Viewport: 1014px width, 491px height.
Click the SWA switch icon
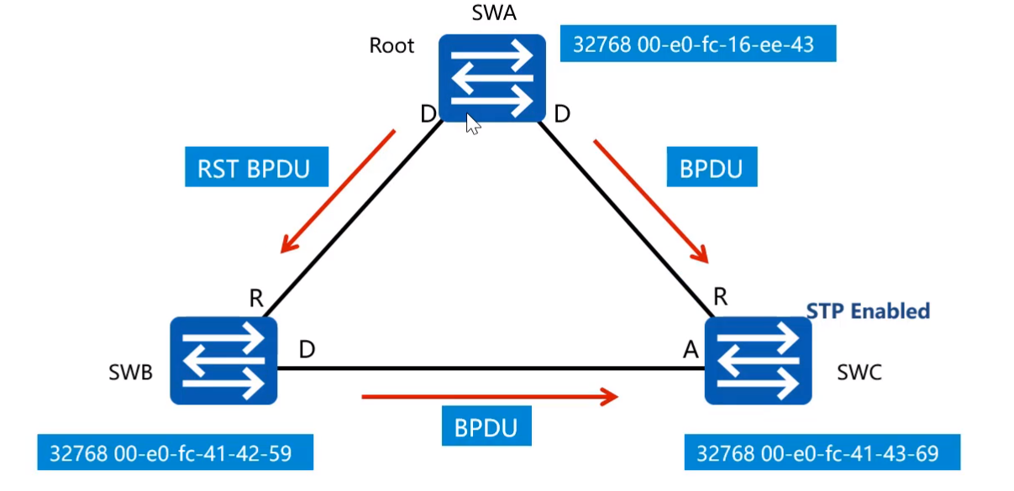[491, 78]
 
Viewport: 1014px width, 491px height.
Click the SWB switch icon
[223, 360]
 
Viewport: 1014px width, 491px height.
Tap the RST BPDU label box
[253, 168]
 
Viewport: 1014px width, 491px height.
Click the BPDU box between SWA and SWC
[711, 168]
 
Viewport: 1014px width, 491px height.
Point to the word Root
[391, 45]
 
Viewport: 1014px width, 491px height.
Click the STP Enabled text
[868, 311]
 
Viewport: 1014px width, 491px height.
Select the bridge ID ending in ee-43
[697, 44]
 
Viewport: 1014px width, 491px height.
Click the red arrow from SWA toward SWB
[338, 191]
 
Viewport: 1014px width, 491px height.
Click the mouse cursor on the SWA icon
[472, 125]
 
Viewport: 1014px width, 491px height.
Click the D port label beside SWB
[307, 350]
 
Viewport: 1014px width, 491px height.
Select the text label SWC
[859, 372]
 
